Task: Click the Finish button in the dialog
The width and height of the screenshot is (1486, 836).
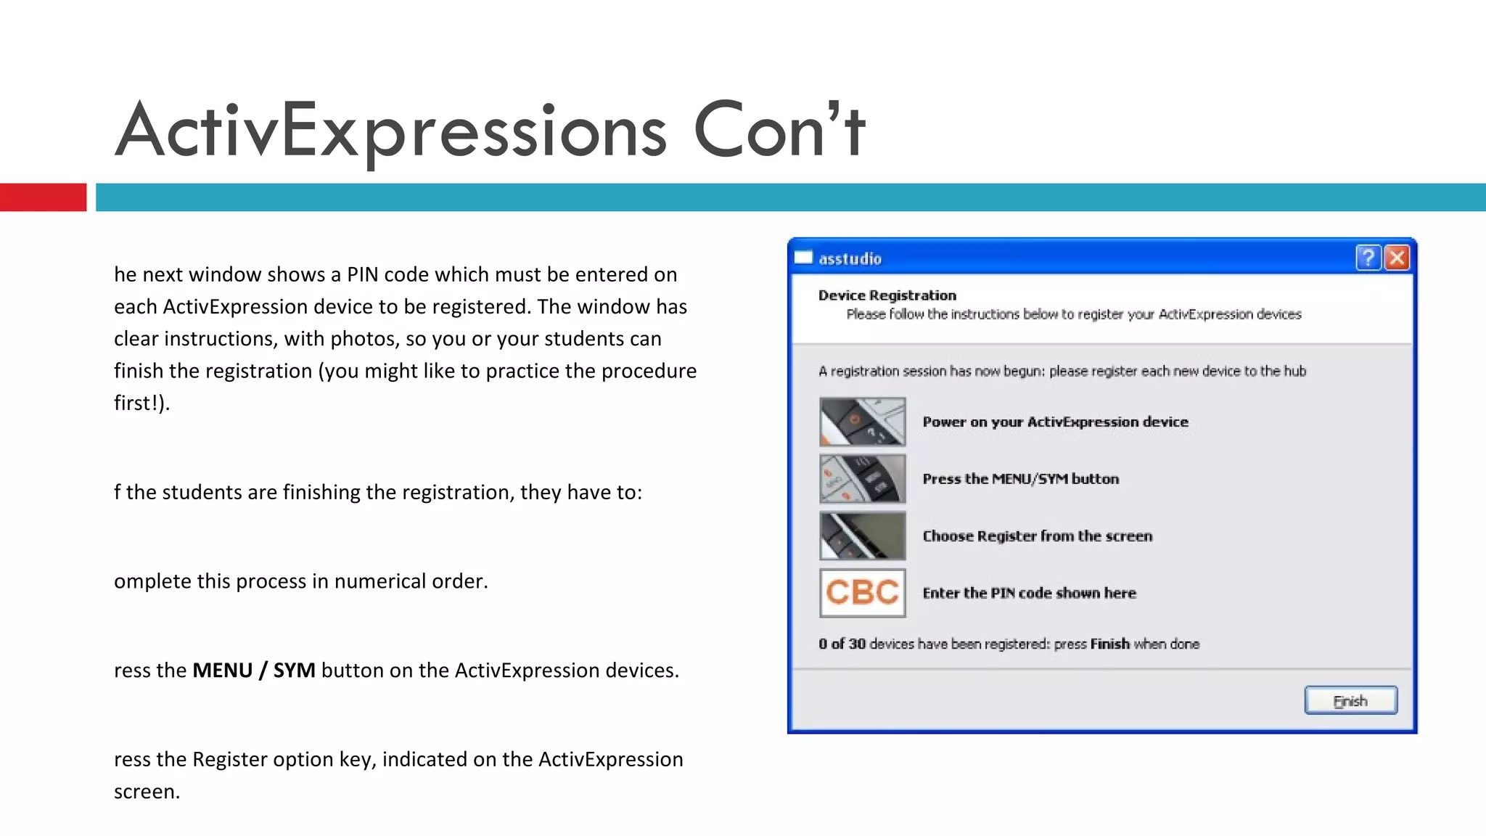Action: [x=1350, y=700]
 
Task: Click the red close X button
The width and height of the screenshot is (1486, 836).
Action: [x=1397, y=258]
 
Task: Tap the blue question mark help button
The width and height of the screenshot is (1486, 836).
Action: [x=1368, y=258]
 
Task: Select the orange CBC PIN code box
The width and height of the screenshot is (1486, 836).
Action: [x=862, y=593]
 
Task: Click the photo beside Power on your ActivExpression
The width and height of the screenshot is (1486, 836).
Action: [x=862, y=422]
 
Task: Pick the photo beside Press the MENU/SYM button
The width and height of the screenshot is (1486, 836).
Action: [x=862, y=479]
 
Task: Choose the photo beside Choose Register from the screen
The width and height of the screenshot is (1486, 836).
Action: [x=862, y=536]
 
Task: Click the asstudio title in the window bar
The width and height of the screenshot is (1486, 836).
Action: [x=850, y=259]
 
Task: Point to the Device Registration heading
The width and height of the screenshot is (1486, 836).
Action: [x=887, y=295]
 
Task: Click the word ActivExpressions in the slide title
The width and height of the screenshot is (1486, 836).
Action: [x=390, y=131]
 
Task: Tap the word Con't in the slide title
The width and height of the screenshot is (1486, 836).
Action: [x=779, y=131]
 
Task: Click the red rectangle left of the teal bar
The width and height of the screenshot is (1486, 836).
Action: [x=43, y=197]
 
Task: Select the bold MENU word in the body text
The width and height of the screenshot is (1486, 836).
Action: [x=222, y=670]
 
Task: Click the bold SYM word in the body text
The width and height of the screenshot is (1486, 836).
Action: [x=294, y=670]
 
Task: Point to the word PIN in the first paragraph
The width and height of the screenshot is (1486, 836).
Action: [x=362, y=274]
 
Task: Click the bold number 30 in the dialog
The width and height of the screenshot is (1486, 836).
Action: [x=857, y=644]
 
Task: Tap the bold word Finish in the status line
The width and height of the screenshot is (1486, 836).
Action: [x=1109, y=644]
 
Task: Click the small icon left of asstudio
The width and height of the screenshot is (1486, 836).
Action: [x=803, y=258]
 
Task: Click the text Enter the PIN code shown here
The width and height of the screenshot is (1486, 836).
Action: [x=1029, y=593]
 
